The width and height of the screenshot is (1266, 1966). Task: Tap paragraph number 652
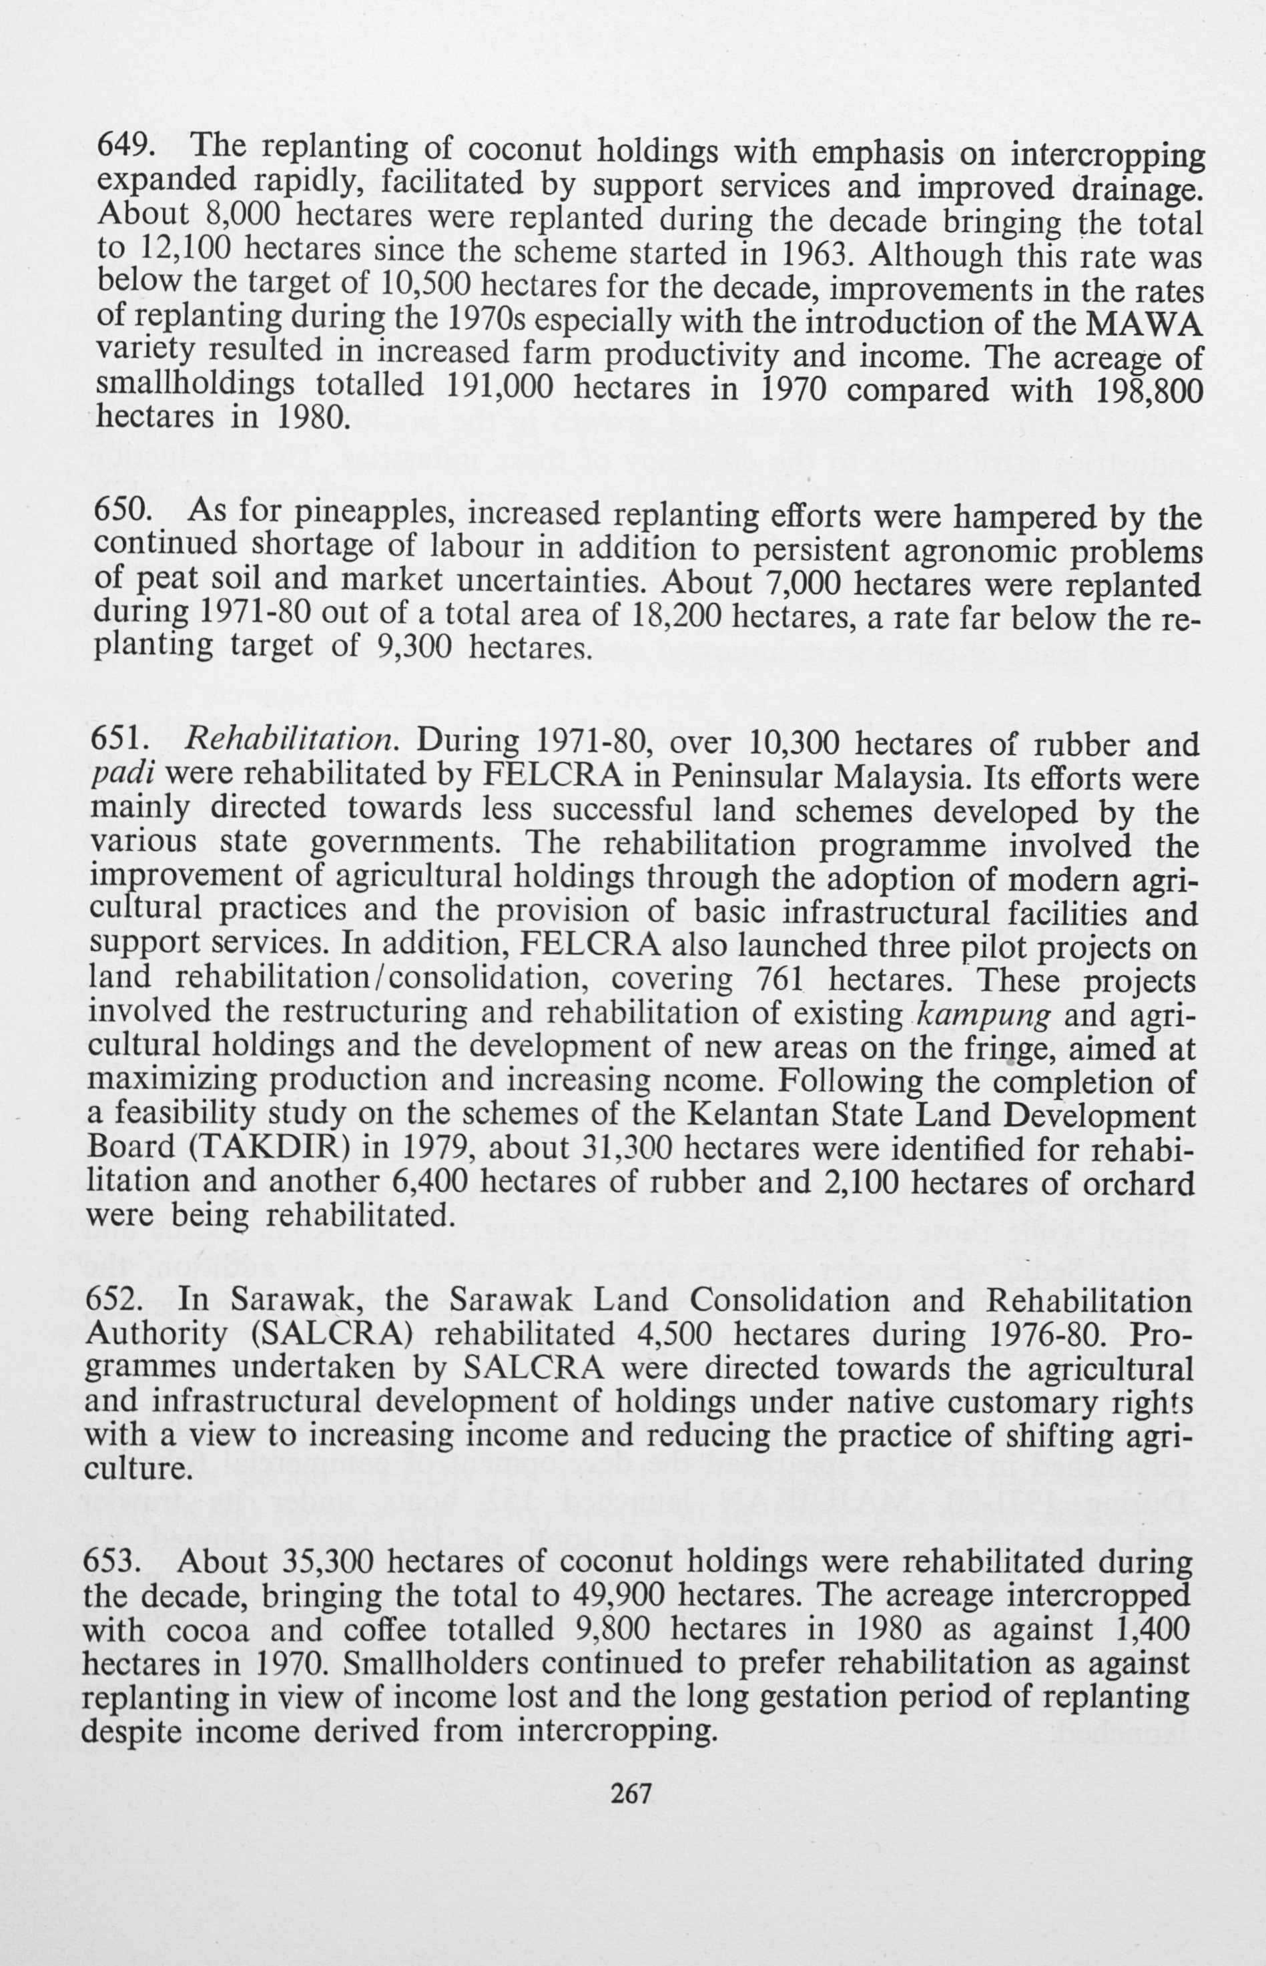pyautogui.click(x=114, y=1300)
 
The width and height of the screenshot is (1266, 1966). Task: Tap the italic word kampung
pyautogui.click(x=982, y=1015)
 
